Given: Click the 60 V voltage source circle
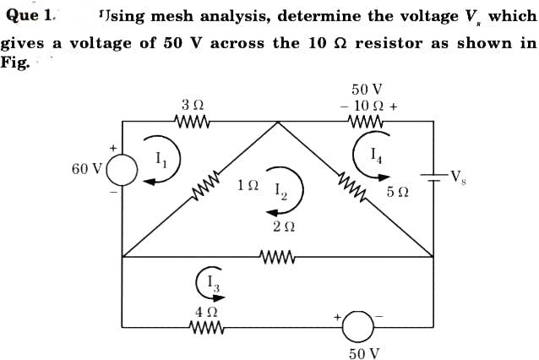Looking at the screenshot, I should pyautogui.click(x=122, y=169).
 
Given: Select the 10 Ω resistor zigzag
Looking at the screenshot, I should pyautogui.click(x=365, y=121).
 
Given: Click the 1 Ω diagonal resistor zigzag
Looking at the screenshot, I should pyautogui.click(x=208, y=187).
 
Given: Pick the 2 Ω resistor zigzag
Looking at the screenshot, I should pyautogui.click(x=278, y=256).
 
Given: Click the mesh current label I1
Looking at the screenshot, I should pyautogui.click(x=161, y=157).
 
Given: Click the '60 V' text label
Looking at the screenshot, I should pyautogui.click(x=85, y=168).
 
